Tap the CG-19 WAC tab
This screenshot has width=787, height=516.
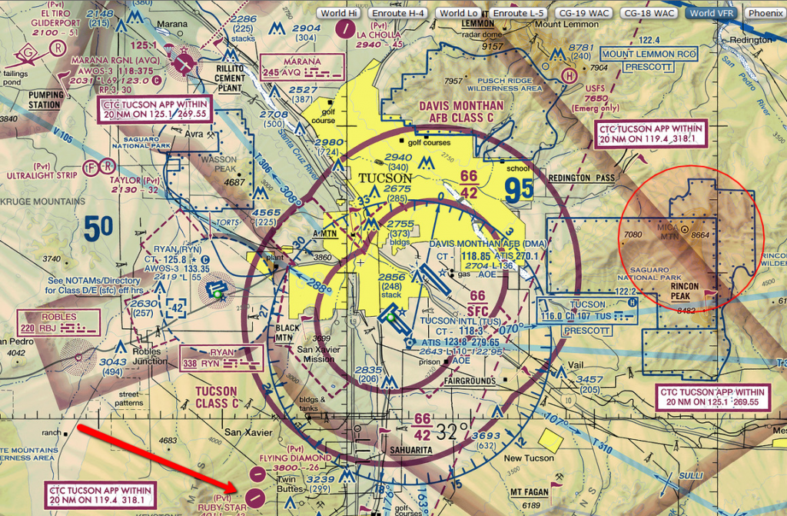click(x=589, y=13)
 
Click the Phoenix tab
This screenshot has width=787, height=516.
click(x=765, y=13)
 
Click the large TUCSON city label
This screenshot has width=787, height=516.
click(x=387, y=178)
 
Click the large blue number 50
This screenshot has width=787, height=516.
click(x=98, y=227)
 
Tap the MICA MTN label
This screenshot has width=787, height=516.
click(x=669, y=232)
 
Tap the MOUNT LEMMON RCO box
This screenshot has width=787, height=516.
click(x=649, y=55)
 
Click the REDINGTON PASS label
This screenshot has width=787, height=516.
click(x=582, y=178)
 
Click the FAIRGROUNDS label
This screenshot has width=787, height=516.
click(x=470, y=380)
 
